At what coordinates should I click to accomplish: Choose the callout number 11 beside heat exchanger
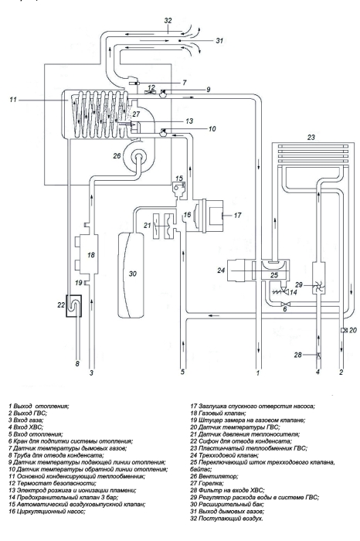13,100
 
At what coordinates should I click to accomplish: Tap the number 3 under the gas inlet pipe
92,373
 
